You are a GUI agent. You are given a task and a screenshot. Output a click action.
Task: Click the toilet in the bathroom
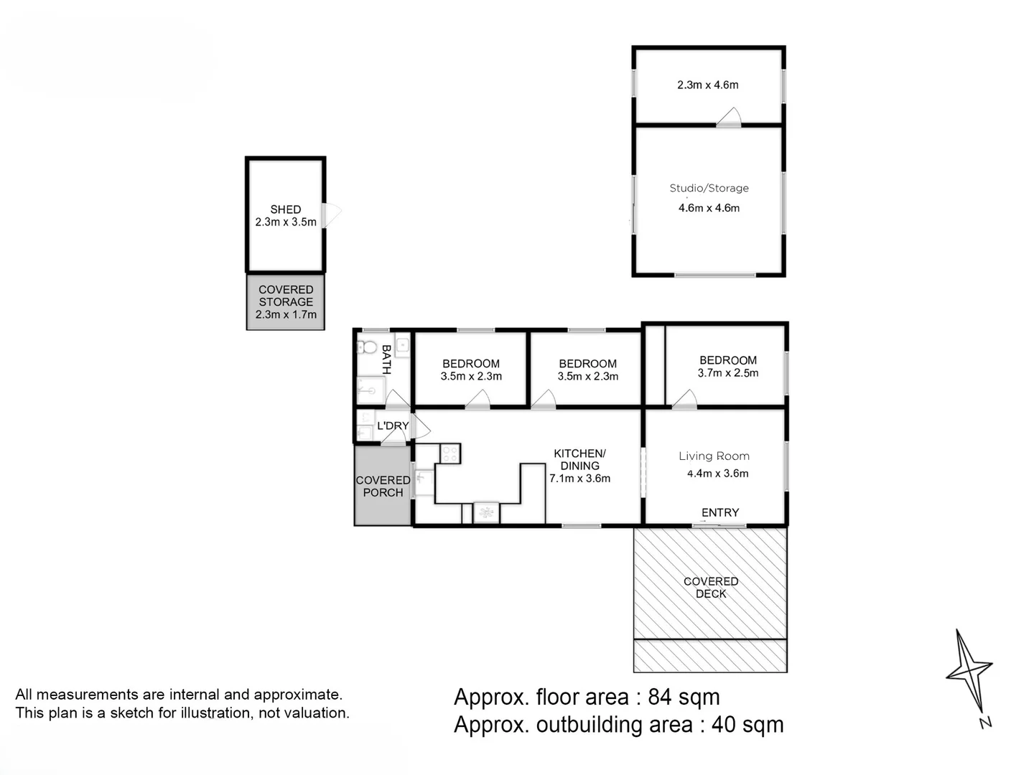(367, 347)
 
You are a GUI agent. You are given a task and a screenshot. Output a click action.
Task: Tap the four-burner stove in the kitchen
(450, 454)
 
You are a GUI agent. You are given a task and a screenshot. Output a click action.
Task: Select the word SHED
(286, 210)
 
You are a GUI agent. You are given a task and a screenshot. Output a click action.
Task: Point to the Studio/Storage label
(709, 188)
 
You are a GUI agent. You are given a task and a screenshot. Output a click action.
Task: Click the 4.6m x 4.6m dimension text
(709, 208)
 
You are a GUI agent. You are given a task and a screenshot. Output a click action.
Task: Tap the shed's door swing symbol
(332, 215)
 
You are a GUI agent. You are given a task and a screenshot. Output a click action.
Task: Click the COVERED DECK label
(711, 588)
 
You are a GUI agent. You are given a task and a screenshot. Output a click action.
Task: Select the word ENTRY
(720, 512)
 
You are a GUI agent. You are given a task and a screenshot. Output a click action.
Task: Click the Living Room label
(714, 456)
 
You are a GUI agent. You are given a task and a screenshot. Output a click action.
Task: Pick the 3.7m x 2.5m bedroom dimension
(728, 373)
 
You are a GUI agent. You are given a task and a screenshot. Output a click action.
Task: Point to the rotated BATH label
(386, 360)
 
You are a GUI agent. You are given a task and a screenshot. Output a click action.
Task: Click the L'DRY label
(393, 426)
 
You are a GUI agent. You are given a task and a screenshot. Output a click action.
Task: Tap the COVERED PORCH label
(383, 486)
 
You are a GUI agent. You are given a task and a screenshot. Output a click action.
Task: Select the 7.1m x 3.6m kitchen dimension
(580, 479)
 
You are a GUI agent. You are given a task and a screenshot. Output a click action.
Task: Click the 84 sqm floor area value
(684, 697)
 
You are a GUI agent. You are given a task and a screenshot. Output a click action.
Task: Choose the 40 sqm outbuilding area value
(747, 725)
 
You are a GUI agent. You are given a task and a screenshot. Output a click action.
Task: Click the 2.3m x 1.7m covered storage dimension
(286, 314)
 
